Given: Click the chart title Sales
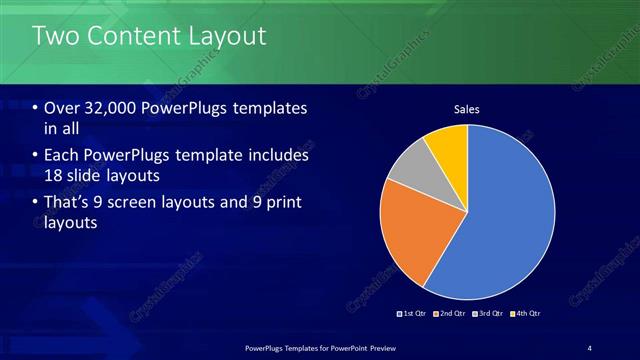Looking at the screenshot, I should [x=467, y=108].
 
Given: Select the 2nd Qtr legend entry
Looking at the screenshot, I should [x=451, y=313].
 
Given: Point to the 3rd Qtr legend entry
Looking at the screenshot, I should [x=489, y=313].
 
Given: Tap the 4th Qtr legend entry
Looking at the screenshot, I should [x=527, y=313].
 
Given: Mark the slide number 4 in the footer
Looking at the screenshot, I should [x=589, y=347].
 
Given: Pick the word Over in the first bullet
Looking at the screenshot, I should [x=62, y=108].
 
